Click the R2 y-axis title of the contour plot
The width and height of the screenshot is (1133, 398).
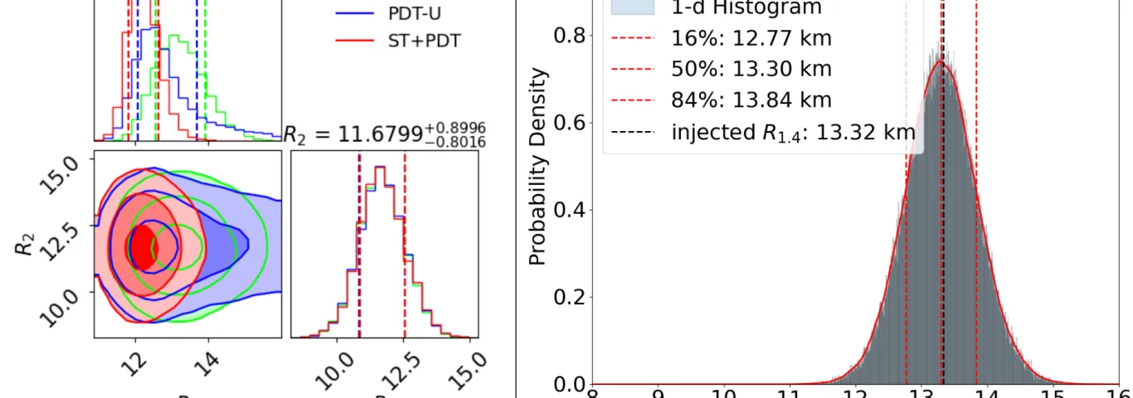pyautogui.click(x=27, y=242)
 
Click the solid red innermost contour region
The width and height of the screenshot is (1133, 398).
pyautogui.click(x=142, y=247)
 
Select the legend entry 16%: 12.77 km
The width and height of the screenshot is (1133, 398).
pyautogui.click(x=751, y=38)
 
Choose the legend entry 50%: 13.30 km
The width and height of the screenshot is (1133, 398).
pyautogui.click(x=751, y=70)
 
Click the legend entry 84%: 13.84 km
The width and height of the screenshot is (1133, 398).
pyautogui.click(x=751, y=100)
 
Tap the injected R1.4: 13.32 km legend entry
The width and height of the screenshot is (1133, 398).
pyautogui.click(x=792, y=132)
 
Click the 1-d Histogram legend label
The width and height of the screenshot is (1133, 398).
pyautogui.click(x=746, y=8)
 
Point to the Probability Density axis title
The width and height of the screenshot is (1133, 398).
pyautogui.click(x=538, y=166)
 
